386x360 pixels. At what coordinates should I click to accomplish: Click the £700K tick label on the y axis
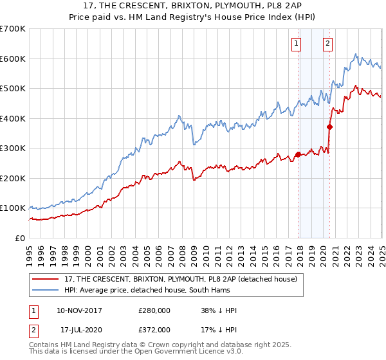tap(12, 29)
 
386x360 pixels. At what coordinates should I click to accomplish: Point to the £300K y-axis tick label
tap(12, 148)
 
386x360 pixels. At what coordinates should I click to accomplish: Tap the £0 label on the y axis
tap(20, 239)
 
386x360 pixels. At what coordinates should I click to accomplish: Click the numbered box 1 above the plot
tap(296, 44)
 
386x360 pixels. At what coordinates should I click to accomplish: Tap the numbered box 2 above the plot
tap(327, 44)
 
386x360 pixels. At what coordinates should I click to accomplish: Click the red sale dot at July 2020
tap(329, 127)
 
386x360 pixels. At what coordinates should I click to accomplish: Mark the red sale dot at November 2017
tap(298, 154)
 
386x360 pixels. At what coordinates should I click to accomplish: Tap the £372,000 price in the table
tap(154, 329)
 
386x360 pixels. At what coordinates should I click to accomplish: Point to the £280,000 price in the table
tap(154, 310)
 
